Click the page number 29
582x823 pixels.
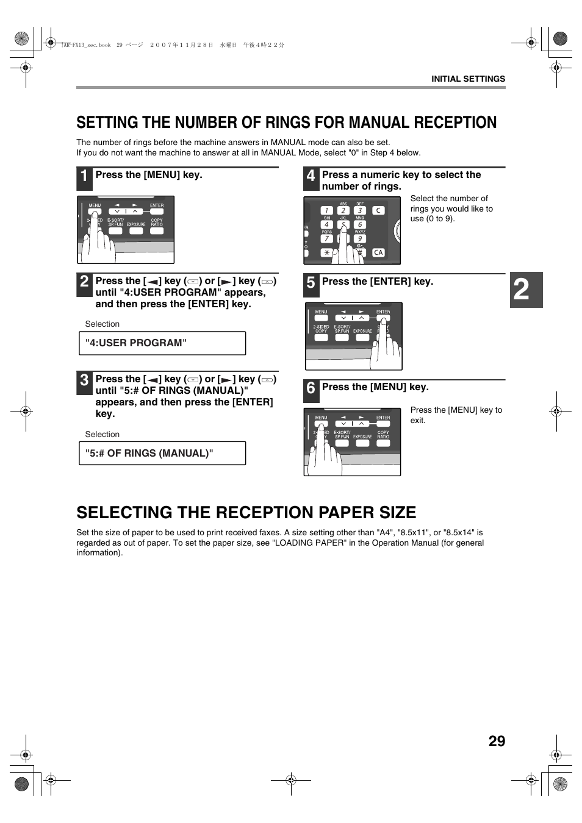[x=497, y=741]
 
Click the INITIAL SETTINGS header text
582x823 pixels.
[x=468, y=79]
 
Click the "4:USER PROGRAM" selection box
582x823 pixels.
[x=162, y=343]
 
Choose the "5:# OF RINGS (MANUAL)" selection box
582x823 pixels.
[x=162, y=454]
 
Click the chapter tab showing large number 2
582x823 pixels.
[x=525, y=290]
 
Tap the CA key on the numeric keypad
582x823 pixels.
[x=378, y=252]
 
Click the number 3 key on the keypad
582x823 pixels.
[x=360, y=210]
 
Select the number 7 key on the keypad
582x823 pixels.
[x=326, y=239]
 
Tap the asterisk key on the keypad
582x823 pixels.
[x=326, y=252]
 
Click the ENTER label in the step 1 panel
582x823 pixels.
[x=157, y=205]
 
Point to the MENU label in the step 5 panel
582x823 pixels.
[x=321, y=312]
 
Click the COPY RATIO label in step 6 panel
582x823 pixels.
[x=383, y=435]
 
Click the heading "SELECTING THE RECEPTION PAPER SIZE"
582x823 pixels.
[x=246, y=513]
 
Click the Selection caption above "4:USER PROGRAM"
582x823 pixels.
[x=102, y=324]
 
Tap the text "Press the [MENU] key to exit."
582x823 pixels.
[x=456, y=415]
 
